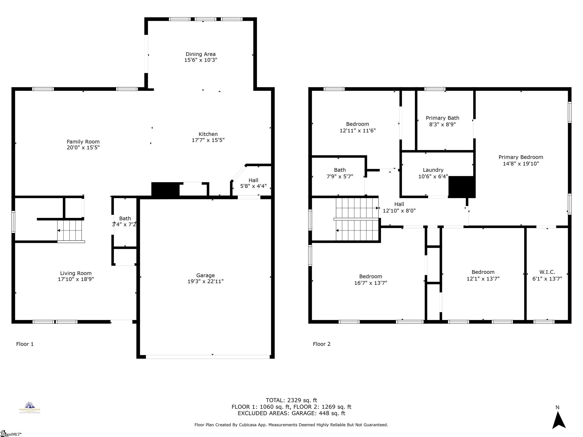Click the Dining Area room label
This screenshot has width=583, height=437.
point(201,54)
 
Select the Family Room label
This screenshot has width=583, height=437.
point(83,142)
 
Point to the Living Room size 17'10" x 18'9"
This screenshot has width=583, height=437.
point(76,279)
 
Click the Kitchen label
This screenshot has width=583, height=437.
point(208,134)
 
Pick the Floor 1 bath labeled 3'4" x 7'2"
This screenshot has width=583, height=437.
point(125,221)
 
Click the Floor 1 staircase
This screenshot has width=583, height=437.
point(70,231)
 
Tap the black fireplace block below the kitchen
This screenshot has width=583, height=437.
point(165,189)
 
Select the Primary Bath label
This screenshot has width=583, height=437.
point(442,118)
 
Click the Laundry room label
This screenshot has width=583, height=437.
point(433,170)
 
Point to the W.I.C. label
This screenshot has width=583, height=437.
point(547,272)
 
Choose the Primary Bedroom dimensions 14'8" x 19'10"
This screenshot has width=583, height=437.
point(521,164)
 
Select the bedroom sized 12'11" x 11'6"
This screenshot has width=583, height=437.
point(357,127)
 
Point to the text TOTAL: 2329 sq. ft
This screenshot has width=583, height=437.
point(291,400)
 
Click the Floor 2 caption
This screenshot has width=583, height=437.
point(322,344)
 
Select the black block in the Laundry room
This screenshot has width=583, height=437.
point(462,187)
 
